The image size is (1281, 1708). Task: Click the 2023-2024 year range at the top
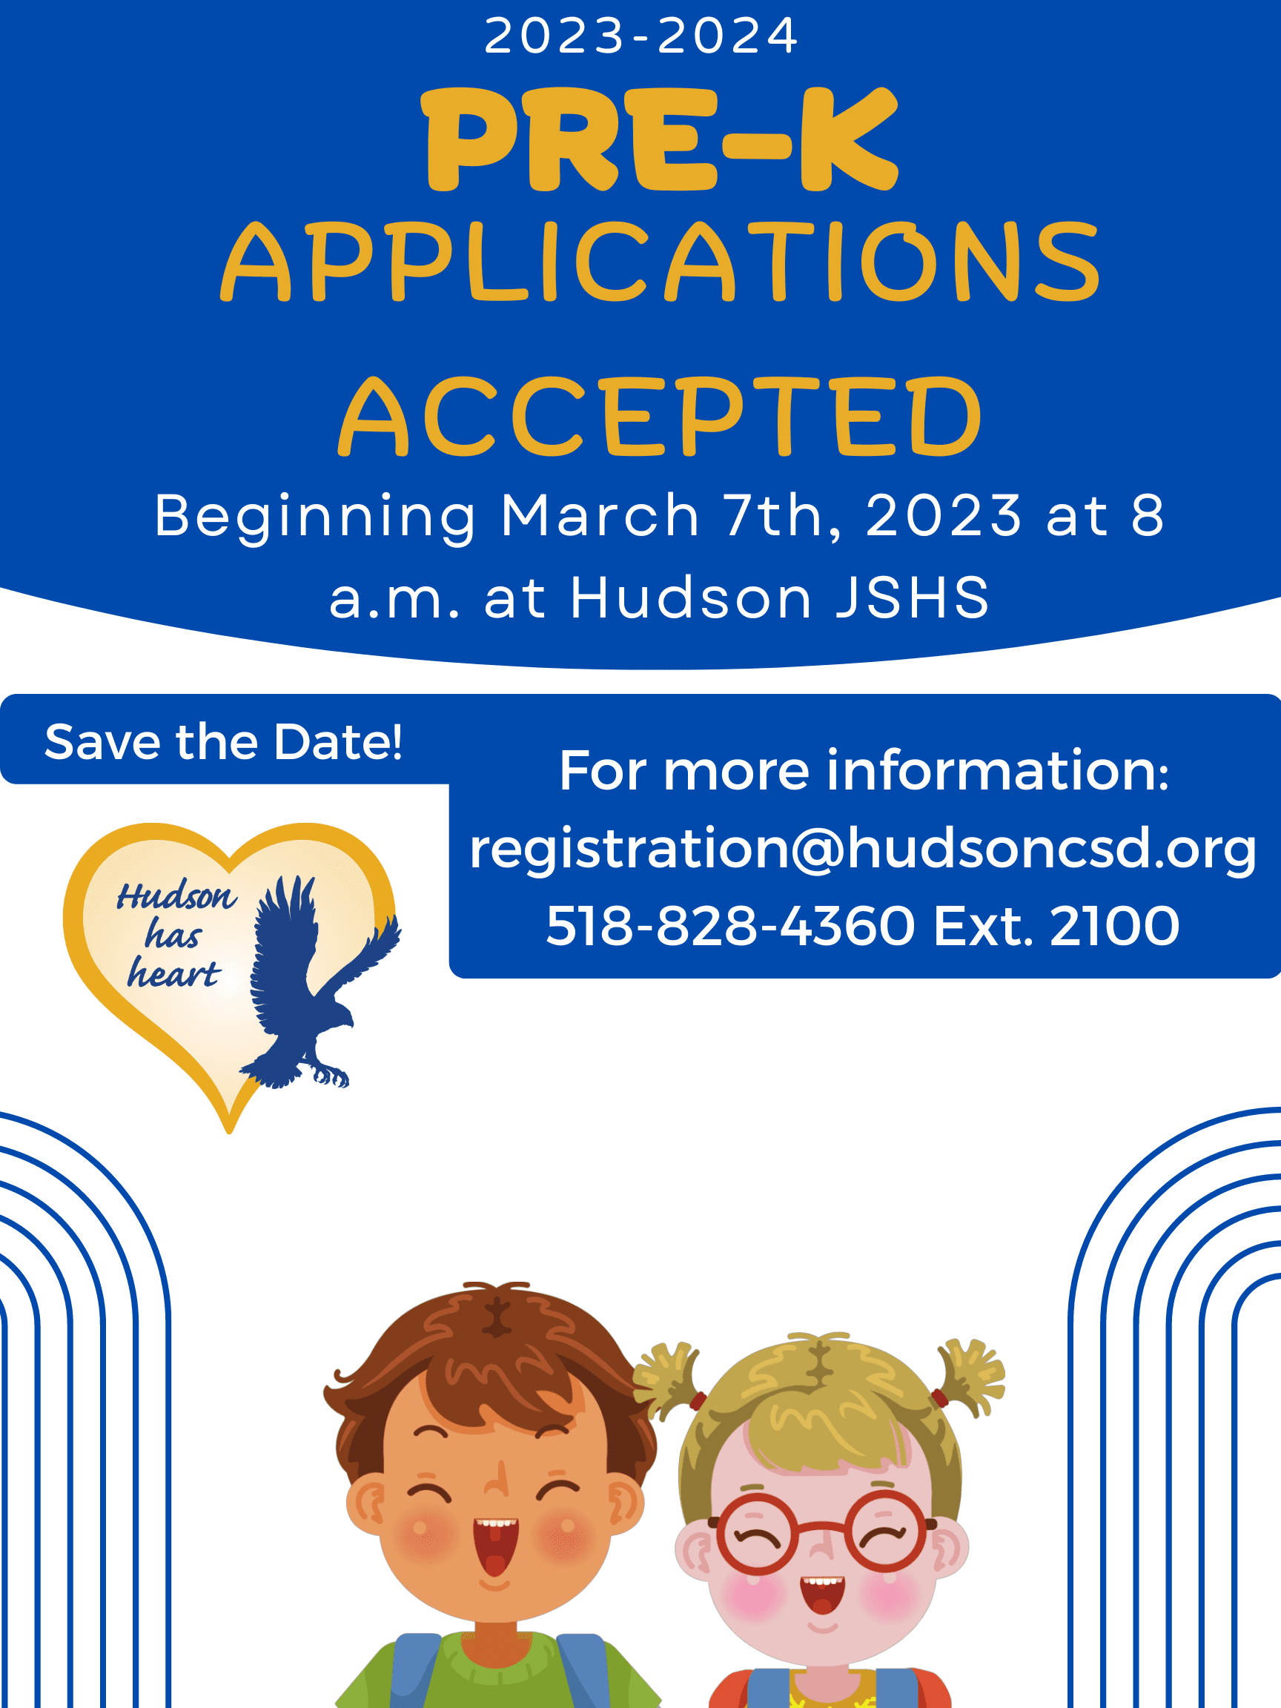tap(640, 36)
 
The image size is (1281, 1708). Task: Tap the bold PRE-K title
tap(661, 139)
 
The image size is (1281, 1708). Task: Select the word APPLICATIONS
tap(661, 262)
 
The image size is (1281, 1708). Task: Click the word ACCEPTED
tap(661, 417)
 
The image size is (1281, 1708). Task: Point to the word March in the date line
tap(600, 515)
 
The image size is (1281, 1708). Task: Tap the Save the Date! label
tap(223, 742)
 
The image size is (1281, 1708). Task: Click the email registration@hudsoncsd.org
tap(862, 849)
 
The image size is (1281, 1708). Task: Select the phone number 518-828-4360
tap(729, 926)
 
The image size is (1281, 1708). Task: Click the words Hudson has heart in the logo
tap(174, 934)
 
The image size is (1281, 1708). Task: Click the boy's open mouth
tap(495, 1544)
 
